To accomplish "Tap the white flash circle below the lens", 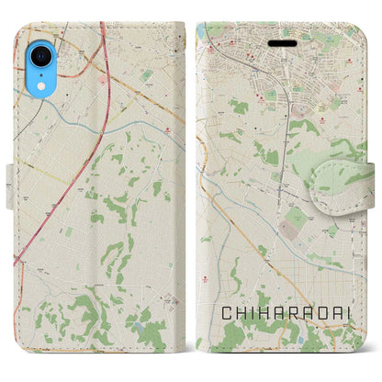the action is click(x=42, y=69).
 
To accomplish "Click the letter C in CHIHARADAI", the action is click(x=226, y=314).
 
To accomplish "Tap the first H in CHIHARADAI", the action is click(x=242, y=314).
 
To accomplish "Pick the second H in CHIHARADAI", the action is click(x=269, y=314).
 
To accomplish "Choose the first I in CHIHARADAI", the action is click(x=255, y=314).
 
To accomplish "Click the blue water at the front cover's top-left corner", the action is click(x=201, y=33).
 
